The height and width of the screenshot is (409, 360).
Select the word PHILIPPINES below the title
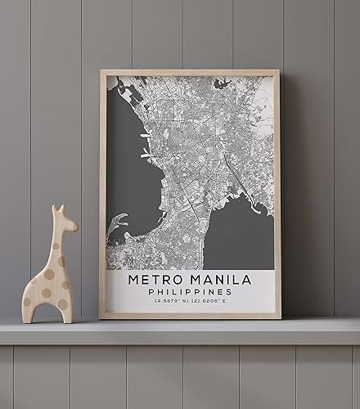click(190, 292)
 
